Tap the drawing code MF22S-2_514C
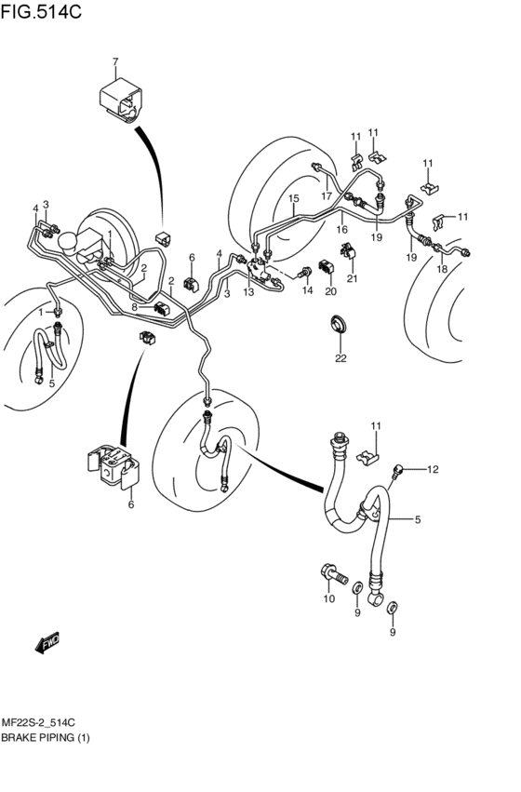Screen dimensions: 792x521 43,722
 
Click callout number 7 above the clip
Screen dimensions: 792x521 115,62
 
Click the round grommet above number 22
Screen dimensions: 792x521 341,324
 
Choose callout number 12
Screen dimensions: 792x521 432,469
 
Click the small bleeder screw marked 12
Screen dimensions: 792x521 398,472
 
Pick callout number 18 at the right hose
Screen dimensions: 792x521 442,269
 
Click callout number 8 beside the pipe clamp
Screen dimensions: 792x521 136,306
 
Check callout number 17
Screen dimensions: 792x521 327,195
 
